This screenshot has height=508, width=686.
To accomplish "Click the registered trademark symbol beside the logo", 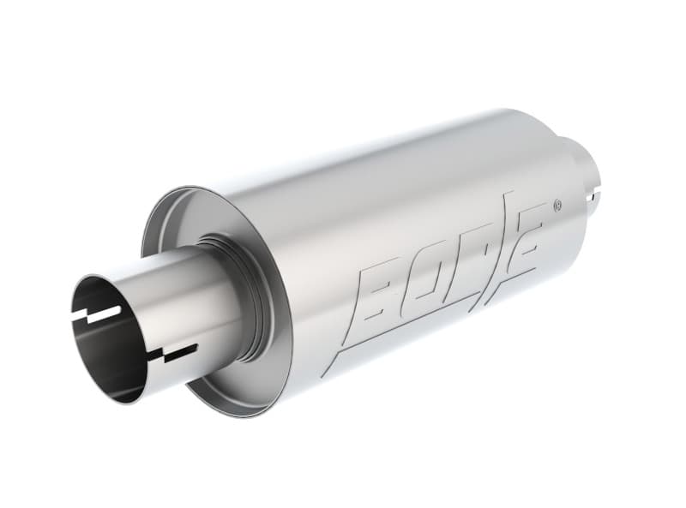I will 557,205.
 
